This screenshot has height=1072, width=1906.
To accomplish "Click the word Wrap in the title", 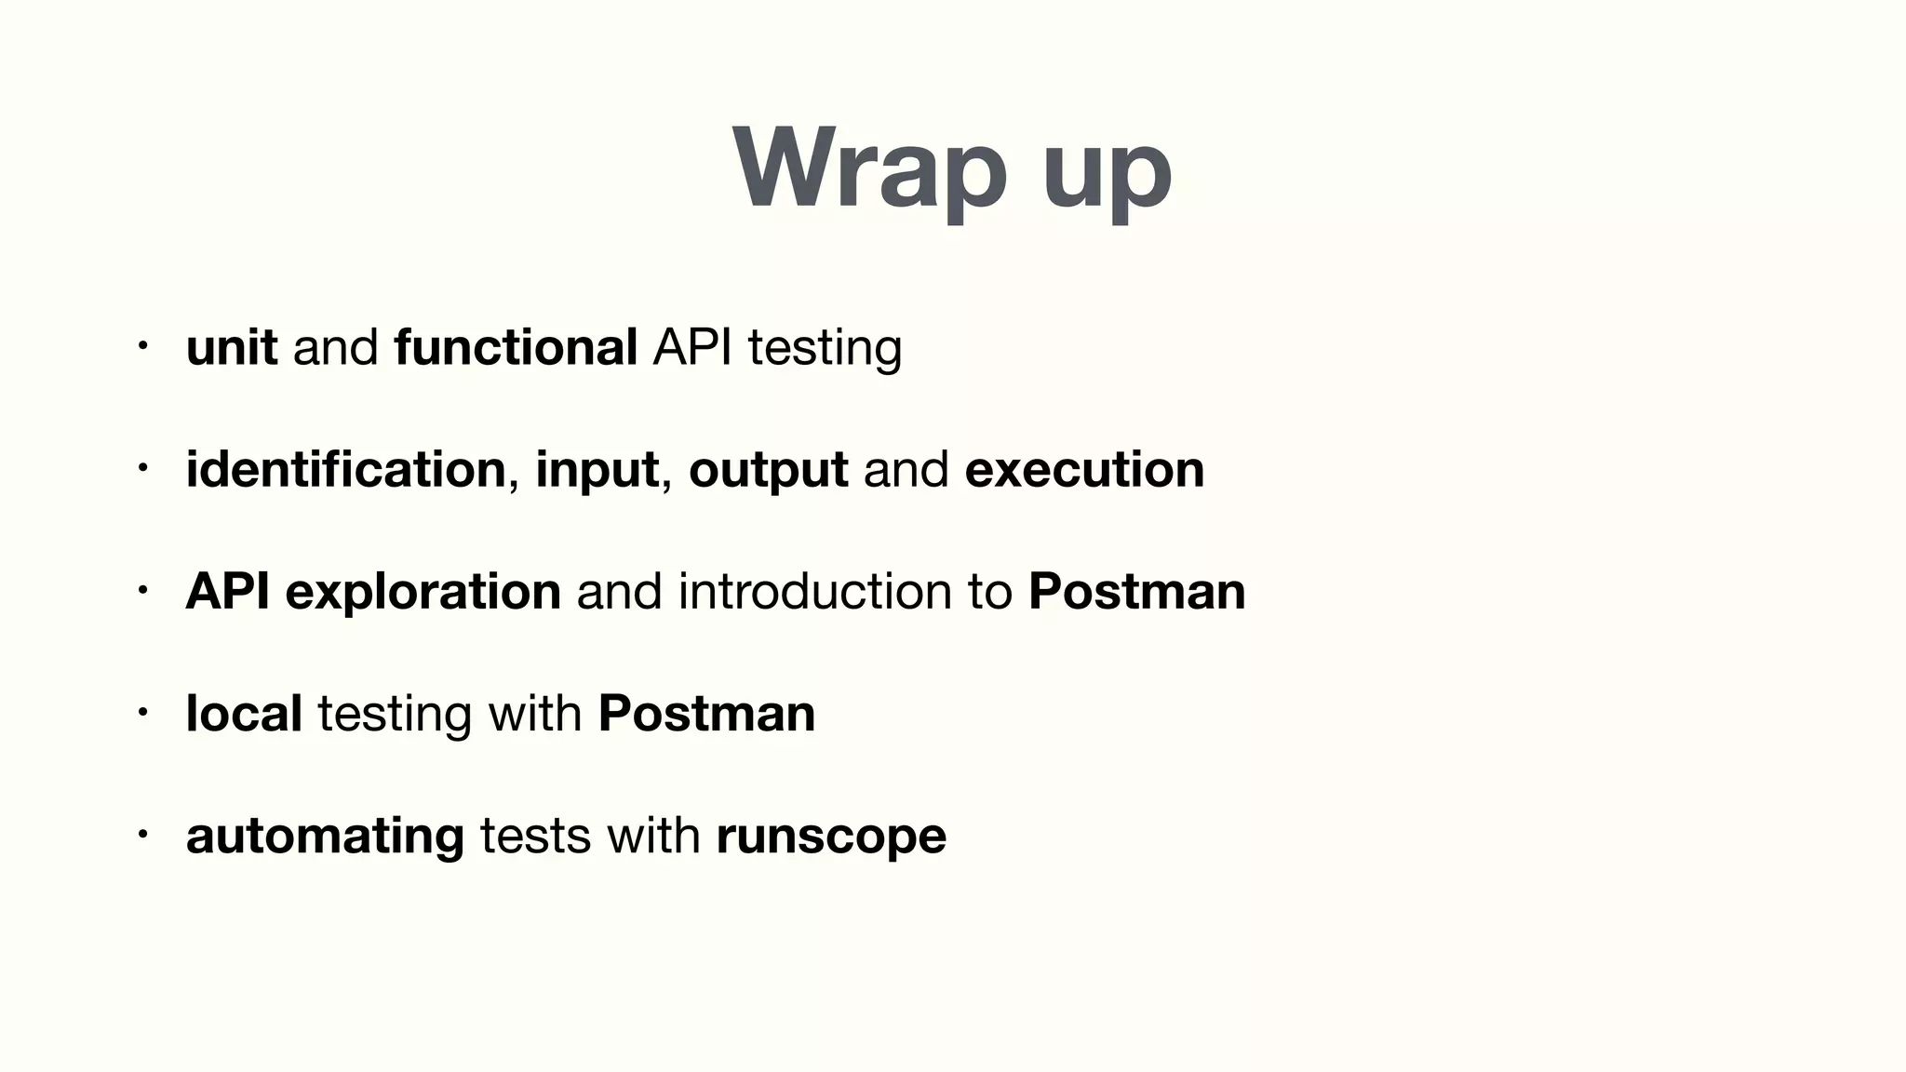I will point(869,170).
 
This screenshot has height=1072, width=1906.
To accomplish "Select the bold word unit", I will point(232,347).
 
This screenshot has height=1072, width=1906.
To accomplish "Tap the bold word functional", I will point(516,347).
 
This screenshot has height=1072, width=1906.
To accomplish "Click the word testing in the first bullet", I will point(825,349).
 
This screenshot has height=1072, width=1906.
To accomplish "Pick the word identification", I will point(345,469).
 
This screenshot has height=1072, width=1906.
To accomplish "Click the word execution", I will point(1084,469).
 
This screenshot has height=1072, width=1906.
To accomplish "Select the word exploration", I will point(423,593).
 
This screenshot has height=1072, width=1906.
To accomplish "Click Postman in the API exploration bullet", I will point(1136,591).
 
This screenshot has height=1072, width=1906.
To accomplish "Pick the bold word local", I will point(244,713).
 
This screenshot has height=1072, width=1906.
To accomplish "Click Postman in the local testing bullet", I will point(706,713).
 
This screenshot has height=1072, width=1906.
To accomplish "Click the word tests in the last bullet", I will point(535,836).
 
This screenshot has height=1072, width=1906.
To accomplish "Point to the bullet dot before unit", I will point(142,347).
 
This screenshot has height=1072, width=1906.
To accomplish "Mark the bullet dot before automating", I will point(142,835).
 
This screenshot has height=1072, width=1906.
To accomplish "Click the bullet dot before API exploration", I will point(142,591).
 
